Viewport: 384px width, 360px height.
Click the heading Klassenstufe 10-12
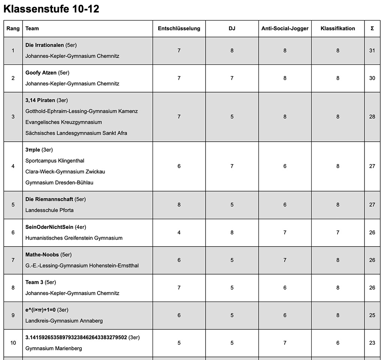coord(51,9)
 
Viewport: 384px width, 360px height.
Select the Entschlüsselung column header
coord(179,28)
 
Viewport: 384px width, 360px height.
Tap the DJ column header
coord(232,28)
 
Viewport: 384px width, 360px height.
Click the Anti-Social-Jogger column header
coord(285,28)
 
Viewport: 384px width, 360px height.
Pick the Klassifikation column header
coord(337,28)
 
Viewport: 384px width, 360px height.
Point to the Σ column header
coord(372,28)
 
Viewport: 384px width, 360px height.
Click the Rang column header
coord(13,28)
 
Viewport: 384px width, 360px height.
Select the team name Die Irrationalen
coord(45,45)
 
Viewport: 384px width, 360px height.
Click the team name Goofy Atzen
coord(41,73)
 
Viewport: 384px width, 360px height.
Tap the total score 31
coord(372,51)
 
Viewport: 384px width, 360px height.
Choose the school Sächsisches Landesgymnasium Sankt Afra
coord(76,133)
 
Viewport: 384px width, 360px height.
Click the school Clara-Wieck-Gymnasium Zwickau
coord(65,172)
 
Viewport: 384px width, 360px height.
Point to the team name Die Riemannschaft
coord(49,199)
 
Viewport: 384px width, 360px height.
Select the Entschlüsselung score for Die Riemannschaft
coord(179,205)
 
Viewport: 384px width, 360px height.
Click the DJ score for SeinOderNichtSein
coord(232,233)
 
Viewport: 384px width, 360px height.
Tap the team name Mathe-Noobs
coord(42,255)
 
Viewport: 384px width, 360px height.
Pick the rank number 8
coord(13,288)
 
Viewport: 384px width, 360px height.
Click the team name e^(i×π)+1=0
coord(40,310)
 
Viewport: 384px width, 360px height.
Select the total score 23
coord(372,343)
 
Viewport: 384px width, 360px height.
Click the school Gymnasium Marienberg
coord(54,348)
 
